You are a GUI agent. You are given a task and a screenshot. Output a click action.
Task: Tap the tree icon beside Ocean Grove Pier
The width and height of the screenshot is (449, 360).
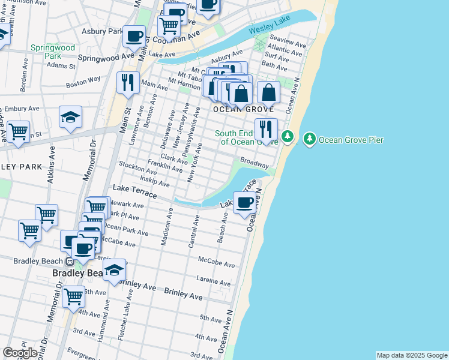click(x=310, y=139)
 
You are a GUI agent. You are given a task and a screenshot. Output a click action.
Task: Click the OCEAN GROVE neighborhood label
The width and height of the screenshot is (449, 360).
click(x=244, y=110)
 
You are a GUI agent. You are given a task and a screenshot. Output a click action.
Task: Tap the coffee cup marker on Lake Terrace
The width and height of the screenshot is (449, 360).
click(x=245, y=203)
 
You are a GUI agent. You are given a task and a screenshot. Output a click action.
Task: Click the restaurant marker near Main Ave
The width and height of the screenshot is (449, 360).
click(x=127, y=83)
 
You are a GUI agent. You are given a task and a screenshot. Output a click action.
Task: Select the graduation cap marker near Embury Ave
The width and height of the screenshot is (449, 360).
click(x=71, y=116)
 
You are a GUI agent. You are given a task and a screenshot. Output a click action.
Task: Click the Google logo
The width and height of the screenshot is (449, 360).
click(x=20, y=353)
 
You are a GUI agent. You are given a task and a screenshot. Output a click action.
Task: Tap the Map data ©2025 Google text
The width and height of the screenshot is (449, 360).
click(x=411, y=355)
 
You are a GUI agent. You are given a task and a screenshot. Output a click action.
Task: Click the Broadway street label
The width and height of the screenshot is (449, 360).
click(x=254, y=162)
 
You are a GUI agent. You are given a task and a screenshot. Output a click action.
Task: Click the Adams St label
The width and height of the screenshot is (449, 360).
click(x=61, y=65)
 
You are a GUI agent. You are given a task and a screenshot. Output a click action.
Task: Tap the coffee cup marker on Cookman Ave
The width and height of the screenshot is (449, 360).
click(x=134, y=36)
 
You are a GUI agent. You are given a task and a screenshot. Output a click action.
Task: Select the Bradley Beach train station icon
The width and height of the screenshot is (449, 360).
click(x=70, y=261)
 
